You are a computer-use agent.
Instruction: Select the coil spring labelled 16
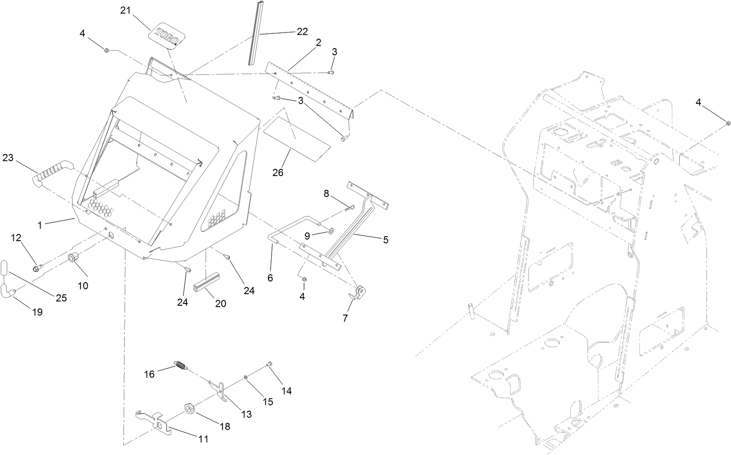(179, 365)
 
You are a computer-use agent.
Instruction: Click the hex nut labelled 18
(189, 409)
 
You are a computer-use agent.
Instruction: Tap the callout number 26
(278, 172)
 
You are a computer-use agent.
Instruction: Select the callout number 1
(40, 225)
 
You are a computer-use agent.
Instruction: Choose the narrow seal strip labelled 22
(254, 33)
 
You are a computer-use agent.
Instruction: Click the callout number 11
(203, 439)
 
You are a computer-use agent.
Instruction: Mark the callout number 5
(386, 240)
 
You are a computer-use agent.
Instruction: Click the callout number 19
(37, 312)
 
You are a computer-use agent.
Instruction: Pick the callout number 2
(318, 43)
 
